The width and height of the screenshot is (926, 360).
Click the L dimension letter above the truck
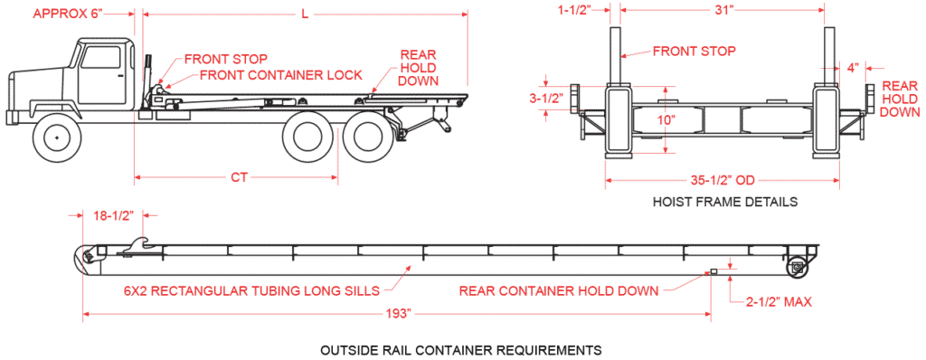306,14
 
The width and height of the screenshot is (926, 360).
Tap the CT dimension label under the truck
239,177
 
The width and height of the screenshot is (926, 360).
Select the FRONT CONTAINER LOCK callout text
280,75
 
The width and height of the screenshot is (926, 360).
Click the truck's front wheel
57,137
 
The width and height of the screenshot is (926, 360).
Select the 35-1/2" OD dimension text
721,180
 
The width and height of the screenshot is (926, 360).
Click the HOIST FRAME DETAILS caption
725,202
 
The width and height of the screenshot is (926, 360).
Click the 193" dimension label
397,314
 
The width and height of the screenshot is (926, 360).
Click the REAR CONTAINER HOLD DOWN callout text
559,291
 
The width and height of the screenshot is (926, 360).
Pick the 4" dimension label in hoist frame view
853,68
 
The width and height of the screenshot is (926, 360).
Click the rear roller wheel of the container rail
797,267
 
